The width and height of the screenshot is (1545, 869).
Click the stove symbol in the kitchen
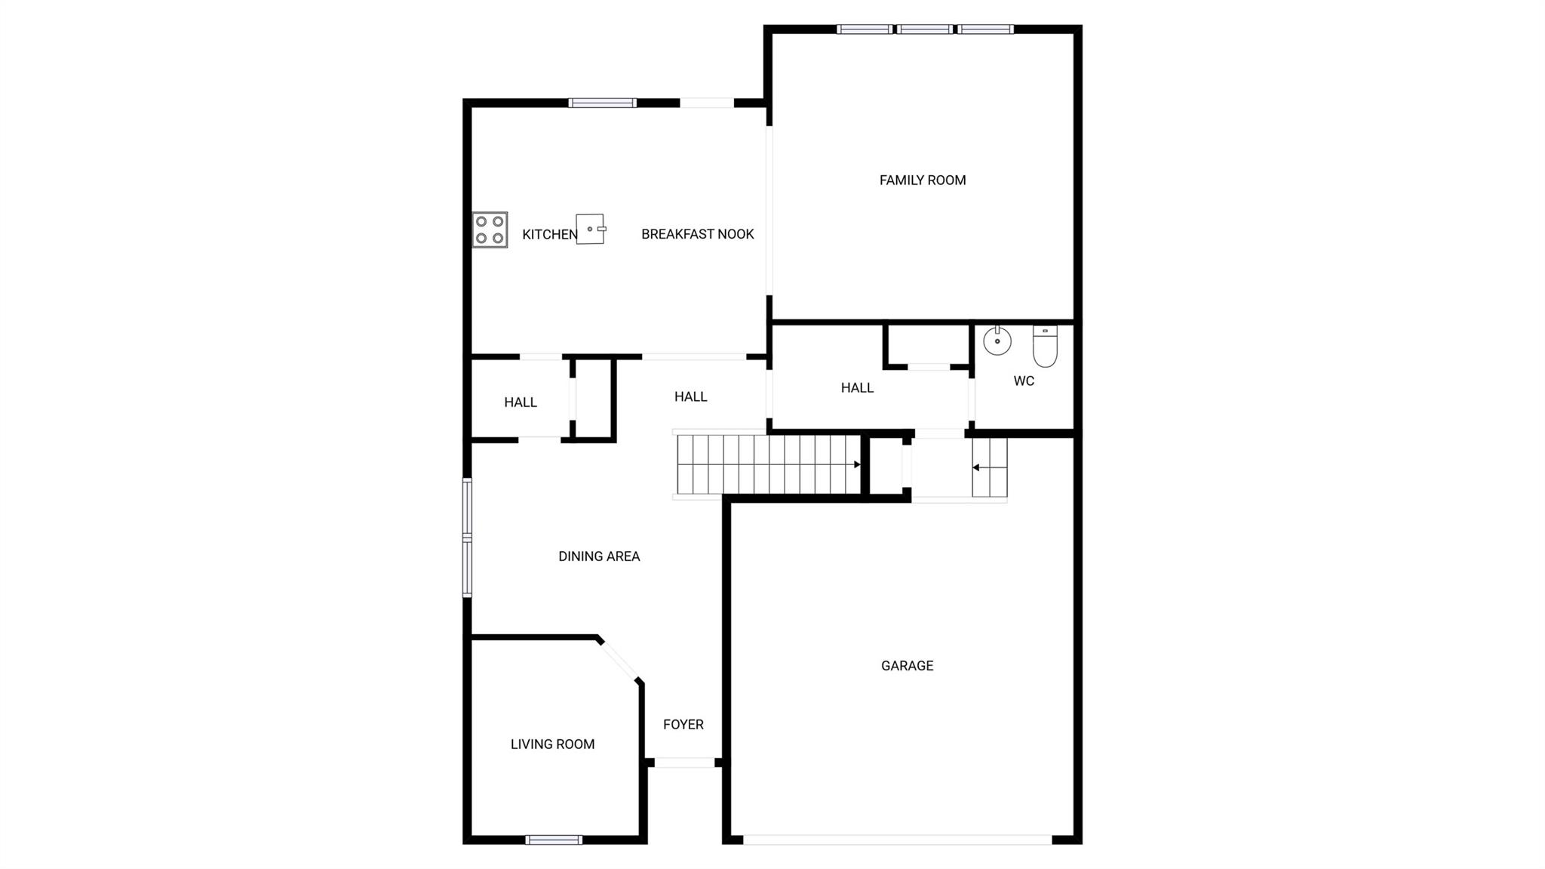coord(490,230)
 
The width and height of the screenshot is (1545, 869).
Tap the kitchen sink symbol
coord(591,229)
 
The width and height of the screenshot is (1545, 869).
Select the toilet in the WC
coord(1045,346)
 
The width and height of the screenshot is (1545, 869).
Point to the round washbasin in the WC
coord(997,341)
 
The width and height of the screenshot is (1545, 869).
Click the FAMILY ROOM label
coord(923,180)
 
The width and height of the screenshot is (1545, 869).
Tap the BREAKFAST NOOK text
coord(698,234)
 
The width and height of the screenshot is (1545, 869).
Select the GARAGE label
coord(908,666)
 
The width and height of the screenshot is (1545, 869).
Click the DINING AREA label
coord(599,556)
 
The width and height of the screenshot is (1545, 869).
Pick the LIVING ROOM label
coord(553,744)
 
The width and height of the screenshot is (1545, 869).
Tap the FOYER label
coord(683,725)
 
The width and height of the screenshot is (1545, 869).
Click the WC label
coord(1024,381)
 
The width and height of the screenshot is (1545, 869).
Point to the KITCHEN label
coord(550,235)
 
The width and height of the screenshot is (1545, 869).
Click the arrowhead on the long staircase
coord(857,464)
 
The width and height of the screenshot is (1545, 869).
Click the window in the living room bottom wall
coord(554,840)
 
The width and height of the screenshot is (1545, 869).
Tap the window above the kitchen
coord(602,103)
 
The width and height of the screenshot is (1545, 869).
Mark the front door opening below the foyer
coord(684,763)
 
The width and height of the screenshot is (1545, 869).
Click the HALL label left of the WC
coord(857,388)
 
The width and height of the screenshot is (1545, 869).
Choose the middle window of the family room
coord(925,29)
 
